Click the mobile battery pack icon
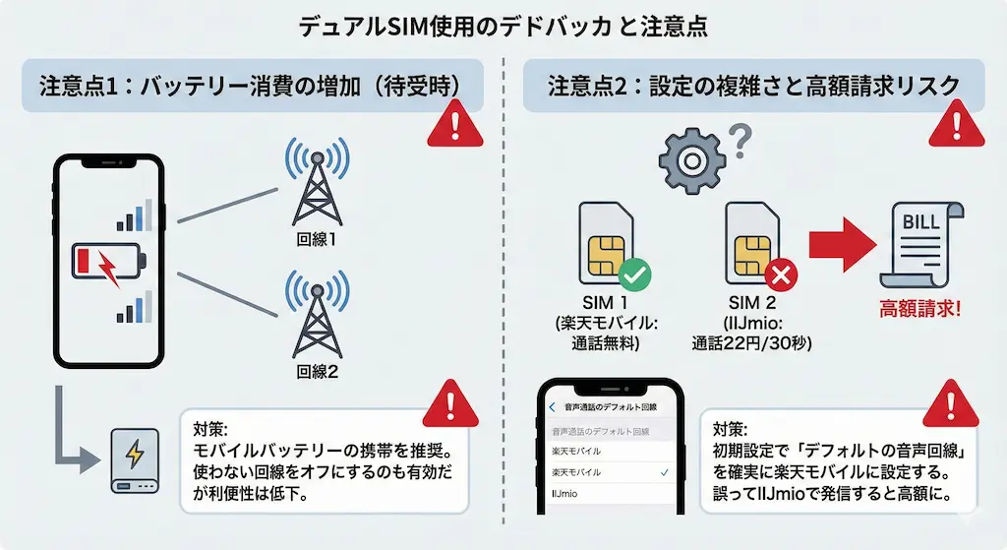point(134,458)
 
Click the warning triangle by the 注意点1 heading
point(454,125)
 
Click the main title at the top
point(503,27)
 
